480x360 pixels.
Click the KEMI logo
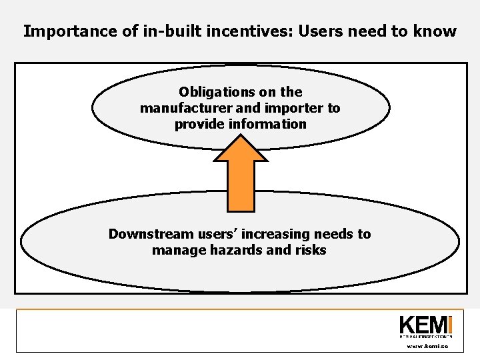click(x=425, y=326)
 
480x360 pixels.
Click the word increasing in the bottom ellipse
click(x=277, y=234)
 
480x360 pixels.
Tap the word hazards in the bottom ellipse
click(x=241, y=250)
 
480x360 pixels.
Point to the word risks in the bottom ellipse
click(x=311, y=250)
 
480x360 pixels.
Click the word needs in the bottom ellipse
click(x=334, y=234)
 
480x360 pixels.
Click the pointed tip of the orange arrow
click(x=240, y=135)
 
